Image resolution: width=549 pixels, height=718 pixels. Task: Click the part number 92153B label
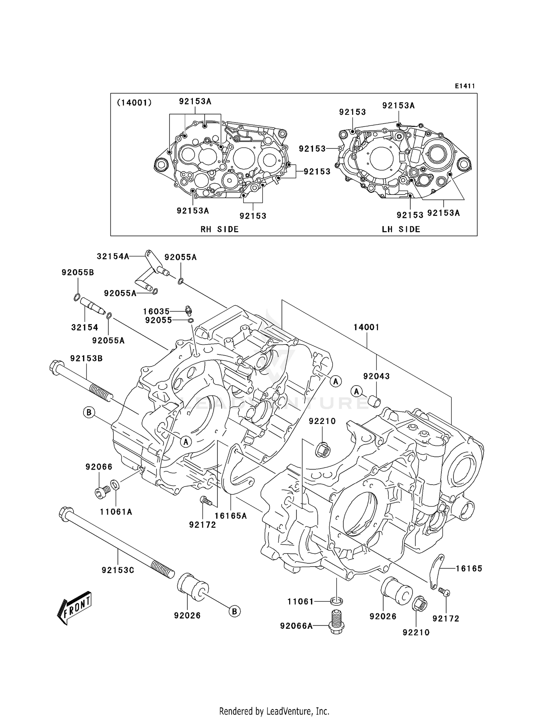[x=86, y=358]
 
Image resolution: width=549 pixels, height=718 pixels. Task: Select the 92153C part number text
[x=118, y=570]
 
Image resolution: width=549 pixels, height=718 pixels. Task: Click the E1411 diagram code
[x=465, y=86]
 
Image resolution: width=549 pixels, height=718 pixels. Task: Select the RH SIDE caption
[x=220, y=229]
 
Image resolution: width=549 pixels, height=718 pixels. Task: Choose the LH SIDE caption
[x=401, y=229]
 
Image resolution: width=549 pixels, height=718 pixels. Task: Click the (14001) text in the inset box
[x=134, y=103]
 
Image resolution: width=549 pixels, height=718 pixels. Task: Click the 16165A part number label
[x=231, y=516]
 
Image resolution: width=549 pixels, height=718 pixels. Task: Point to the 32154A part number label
[x=113, y=256]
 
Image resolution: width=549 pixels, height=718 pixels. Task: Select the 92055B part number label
[x=78, y=272]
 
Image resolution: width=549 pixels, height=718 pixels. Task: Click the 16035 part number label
[x=156, y=312]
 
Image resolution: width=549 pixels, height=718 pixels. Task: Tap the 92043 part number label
[x=376, y=376]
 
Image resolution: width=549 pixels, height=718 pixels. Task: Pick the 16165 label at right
[x=469, y=568]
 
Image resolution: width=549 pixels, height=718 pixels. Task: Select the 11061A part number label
[x=116, y=512]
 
